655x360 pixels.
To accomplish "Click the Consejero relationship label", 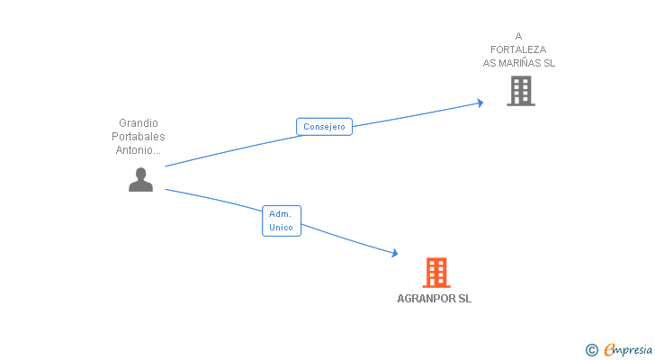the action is (324, 127).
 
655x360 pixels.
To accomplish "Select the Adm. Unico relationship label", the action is (282, 220).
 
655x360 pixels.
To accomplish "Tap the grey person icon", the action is (140, 180).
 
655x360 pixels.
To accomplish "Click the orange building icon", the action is (436, 273).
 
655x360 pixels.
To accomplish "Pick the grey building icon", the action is (521, 91).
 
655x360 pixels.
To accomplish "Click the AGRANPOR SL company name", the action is (434, 299).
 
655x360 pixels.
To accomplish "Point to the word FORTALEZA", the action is (518, 49).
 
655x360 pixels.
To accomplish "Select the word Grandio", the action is (139, 123).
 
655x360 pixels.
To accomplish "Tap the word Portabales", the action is (139, 137).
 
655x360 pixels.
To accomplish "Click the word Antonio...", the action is (135, 150).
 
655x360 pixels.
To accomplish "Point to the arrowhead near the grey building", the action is (480, 103).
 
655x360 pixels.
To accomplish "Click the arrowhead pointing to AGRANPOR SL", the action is (394, 253).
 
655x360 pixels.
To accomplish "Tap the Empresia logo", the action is (628, 350).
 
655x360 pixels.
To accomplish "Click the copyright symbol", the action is (591, 350).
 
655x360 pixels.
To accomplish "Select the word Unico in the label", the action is (281, 228).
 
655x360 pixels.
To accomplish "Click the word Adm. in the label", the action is (280, 214).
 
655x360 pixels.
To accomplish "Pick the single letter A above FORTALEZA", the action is (518, 36).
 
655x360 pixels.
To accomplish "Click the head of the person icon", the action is (140, 174).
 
